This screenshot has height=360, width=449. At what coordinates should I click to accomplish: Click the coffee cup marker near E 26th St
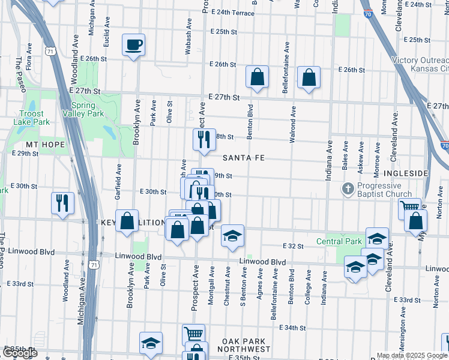pyautogui.click(x=133, y=44)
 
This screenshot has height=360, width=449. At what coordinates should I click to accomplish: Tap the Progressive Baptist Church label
pyautogui.click(x=384, y=190)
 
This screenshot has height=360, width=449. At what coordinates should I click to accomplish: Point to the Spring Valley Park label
pyautogui.click(x=83, y=109)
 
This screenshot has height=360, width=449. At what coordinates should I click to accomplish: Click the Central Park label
pyautogui.click(x=339, y=242)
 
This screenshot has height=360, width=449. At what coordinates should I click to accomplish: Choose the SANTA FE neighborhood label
pyautogui.click(x=244, y=158)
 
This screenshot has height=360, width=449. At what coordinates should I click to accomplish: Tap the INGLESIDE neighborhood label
pyautogui.click(x=405, y=173)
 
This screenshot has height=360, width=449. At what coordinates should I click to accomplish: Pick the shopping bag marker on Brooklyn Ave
pyautogui.click(x=127, y=220)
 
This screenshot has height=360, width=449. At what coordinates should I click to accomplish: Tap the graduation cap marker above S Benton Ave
pyautogui.click(x=233, y=236)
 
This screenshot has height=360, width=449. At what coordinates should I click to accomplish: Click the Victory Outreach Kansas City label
pyautogui.click(x=420, y=65)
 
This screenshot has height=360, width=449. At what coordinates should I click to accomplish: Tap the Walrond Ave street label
pyautogui.click(x=293, y=124)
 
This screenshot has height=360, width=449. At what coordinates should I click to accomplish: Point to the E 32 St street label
pyautogui.click(x=294, y=246)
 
